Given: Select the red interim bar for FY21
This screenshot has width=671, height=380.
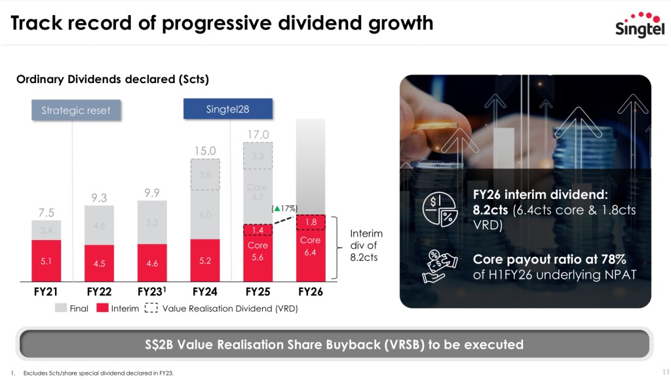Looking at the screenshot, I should [47, 260].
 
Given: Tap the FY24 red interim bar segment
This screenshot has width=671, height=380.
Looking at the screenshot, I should [204, 259].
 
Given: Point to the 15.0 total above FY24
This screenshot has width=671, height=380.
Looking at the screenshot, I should [205, 151].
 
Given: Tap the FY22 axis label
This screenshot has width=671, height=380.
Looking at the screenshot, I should [100, 292].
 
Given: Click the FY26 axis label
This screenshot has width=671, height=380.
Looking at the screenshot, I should [311, 292].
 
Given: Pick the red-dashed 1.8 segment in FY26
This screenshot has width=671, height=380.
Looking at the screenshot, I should [311, 223].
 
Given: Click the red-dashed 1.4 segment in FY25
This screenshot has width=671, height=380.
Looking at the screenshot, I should [258, 230].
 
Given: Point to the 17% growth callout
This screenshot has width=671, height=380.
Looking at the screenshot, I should [286, 208].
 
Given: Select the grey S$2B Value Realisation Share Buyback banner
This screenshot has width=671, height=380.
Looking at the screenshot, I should [335, 344].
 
